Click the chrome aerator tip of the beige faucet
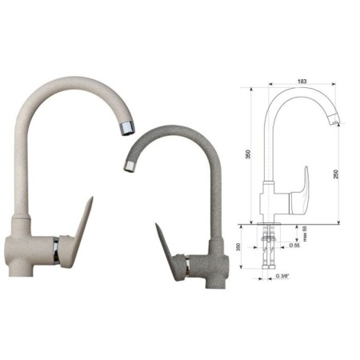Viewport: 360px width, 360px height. point(126,126)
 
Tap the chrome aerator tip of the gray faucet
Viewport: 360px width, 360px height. point(128,166)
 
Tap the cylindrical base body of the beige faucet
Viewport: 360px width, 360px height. point(28,248)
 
